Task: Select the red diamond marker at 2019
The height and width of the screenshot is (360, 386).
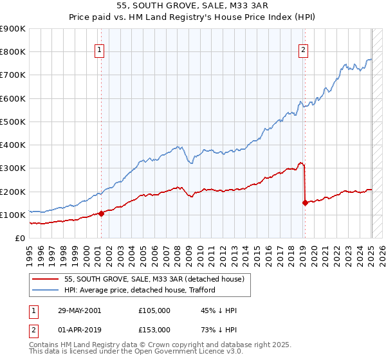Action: (304, 203)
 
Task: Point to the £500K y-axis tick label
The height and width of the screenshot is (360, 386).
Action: (13, 122)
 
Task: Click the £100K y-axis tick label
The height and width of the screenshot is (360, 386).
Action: (13, 215)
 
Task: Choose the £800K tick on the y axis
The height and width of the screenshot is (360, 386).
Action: (13, 52)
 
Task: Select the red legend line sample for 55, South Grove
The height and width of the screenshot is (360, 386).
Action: (46, 280)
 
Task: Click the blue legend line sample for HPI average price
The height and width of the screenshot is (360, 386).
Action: (46, 291)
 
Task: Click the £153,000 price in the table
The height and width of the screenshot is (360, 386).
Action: (154, 330)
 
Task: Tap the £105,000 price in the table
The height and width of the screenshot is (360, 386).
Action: (154, 310)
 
